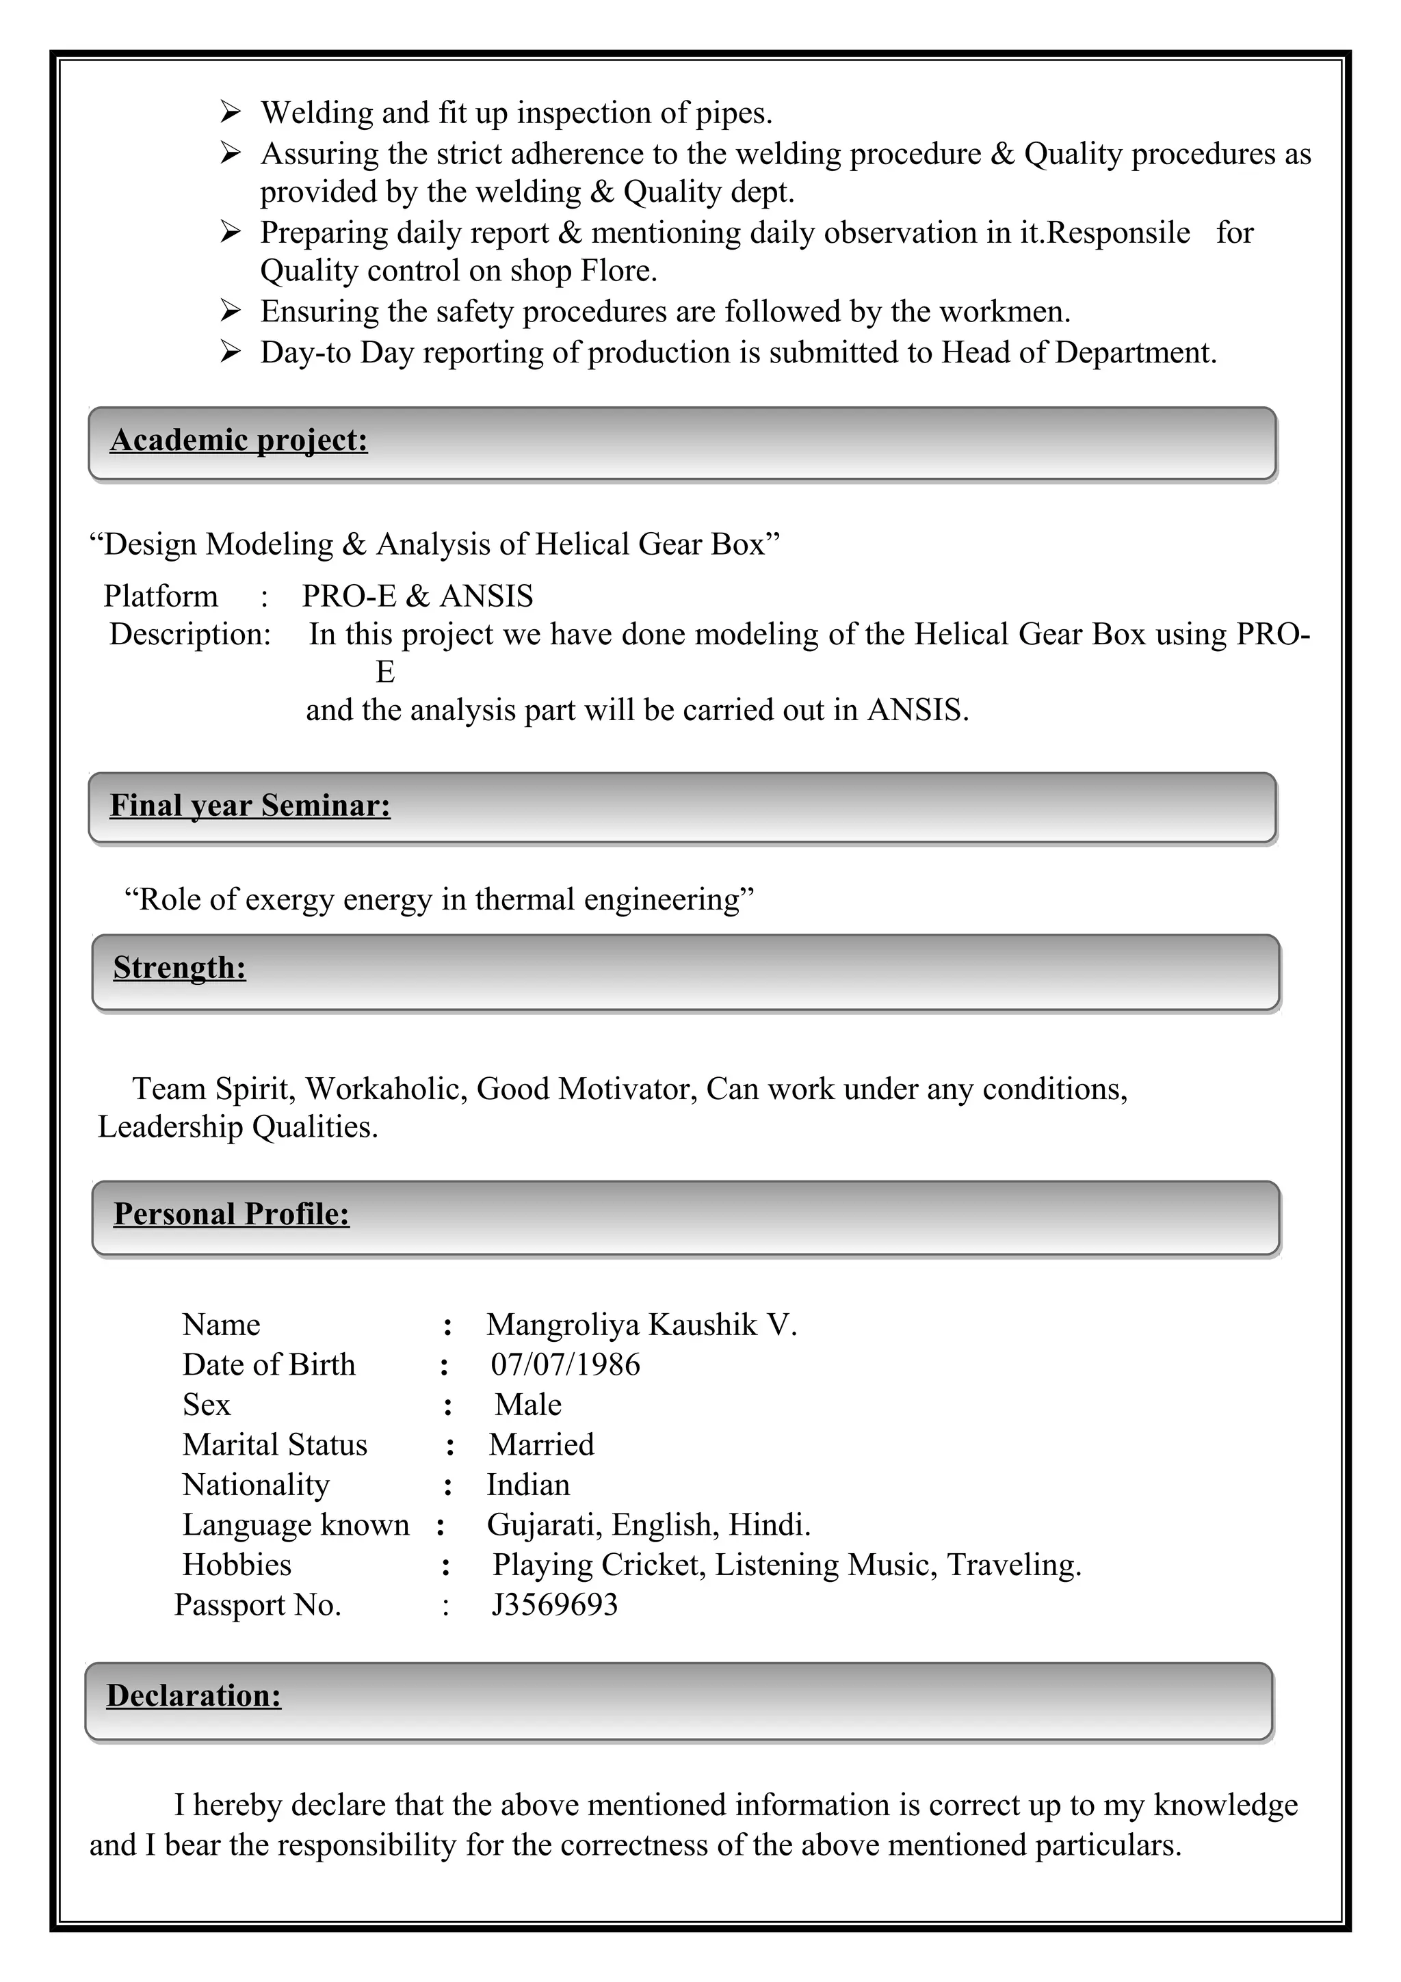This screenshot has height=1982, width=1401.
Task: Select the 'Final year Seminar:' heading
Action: [x=250, y=806]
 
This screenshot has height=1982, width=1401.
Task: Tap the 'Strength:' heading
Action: [x=179, y=968]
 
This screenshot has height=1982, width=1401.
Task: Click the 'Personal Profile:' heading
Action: [x=231, y=1215]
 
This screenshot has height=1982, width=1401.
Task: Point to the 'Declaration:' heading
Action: [x=194, y=1695]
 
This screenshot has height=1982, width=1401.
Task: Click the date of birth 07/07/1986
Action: [x=566, y=1365]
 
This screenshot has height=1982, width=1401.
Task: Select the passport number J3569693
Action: [x=554, y=1604]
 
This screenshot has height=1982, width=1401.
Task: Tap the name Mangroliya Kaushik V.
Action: [x=642, y=1324]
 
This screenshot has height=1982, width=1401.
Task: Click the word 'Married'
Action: [x=541, y=1445]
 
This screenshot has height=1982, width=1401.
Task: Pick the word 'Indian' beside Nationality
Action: [x=527, y=1485]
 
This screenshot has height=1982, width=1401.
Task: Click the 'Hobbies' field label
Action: [x=237, y=1565]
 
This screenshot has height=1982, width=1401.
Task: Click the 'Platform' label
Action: [x=161, y=596]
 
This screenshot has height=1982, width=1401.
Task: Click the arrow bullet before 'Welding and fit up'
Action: [x=230, y=112]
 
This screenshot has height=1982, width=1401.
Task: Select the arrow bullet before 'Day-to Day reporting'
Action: [x=230, y=352]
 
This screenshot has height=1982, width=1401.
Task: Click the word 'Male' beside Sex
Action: [x=527, y=1405]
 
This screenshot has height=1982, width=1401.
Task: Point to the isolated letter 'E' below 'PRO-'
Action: [x=385, y=672]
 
